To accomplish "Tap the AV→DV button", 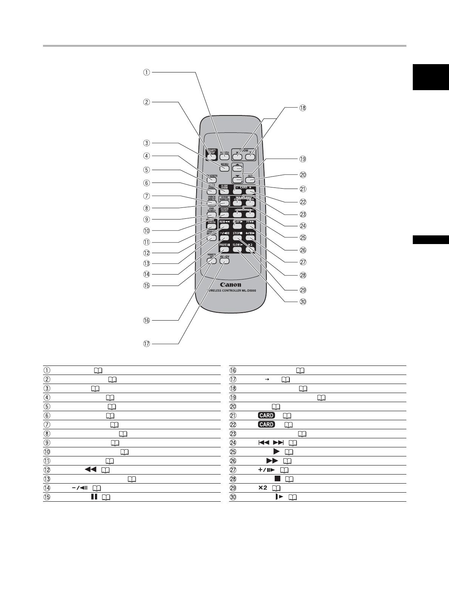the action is point(224,261).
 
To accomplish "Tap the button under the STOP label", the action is point(237,238).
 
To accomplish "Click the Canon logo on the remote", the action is point(231,284).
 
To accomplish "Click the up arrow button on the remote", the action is point(237,167).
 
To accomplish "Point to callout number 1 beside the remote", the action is point(146,72).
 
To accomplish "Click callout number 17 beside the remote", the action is point(146,344).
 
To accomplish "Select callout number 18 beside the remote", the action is point(302,108).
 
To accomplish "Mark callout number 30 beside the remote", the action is point(302,302).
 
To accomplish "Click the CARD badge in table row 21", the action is point(266,415).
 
